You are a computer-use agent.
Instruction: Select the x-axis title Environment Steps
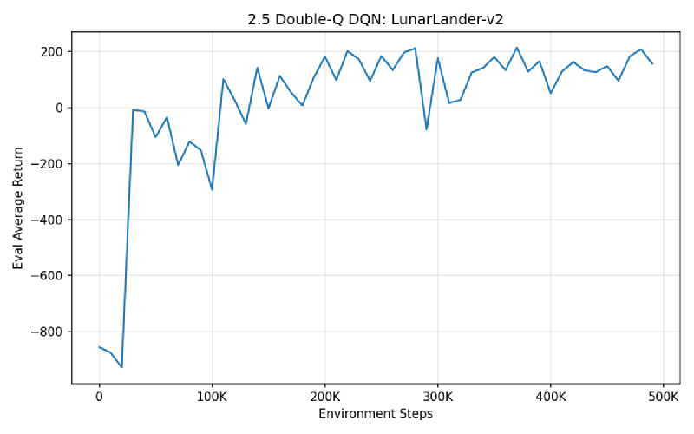click(x=375, y=414)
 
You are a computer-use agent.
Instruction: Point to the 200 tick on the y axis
click(x=50, y=52)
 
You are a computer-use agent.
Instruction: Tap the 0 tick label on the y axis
click(x=59, y=108)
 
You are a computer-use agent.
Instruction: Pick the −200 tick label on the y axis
click(x=47, y=164)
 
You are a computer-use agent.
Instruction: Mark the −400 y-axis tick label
click(x=47, y=220)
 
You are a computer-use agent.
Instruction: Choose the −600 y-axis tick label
click(x=47, y=276)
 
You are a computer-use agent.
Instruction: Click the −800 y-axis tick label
click(x=47, y=332)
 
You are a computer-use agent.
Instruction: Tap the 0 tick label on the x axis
click(x=99, y=396)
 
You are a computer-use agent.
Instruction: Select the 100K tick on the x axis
click(x=212, y=396)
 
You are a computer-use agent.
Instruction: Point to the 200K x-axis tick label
click(x=324, y=396)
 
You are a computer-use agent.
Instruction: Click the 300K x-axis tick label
click(x=437, y=396)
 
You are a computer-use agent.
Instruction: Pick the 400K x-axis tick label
click(x=550, y=396)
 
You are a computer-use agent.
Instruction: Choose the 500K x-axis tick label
click(x=663, y=396)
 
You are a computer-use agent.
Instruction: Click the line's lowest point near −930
click(x=121, y=368)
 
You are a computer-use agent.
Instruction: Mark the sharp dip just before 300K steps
click(x=426, y=129)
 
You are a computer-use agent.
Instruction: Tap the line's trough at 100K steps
click(x=212, y=189)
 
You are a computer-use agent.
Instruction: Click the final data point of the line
click(x=651, y=63)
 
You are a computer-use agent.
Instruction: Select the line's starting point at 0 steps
click(x=99, y=347)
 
